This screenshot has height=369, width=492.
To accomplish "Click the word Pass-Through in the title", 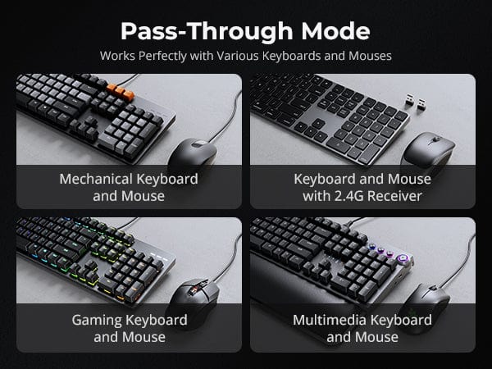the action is point(207,32).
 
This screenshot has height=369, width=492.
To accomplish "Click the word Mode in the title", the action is point(335,31).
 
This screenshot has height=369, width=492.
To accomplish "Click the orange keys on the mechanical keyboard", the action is point(121,92).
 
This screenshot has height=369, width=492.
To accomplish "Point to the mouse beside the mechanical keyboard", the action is point(193,153).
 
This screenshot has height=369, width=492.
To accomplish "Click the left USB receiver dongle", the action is point(409,99).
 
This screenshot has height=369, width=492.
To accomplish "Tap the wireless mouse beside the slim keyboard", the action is point(429,151).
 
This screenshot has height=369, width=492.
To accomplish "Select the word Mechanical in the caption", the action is point(96,179).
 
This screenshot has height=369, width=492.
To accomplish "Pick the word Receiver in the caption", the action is point(394,196).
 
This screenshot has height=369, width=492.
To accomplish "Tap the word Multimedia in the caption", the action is point(330,320).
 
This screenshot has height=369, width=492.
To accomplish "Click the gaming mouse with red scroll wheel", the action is point(194,297).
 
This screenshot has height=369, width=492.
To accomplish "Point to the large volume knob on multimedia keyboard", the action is point(402,259).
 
